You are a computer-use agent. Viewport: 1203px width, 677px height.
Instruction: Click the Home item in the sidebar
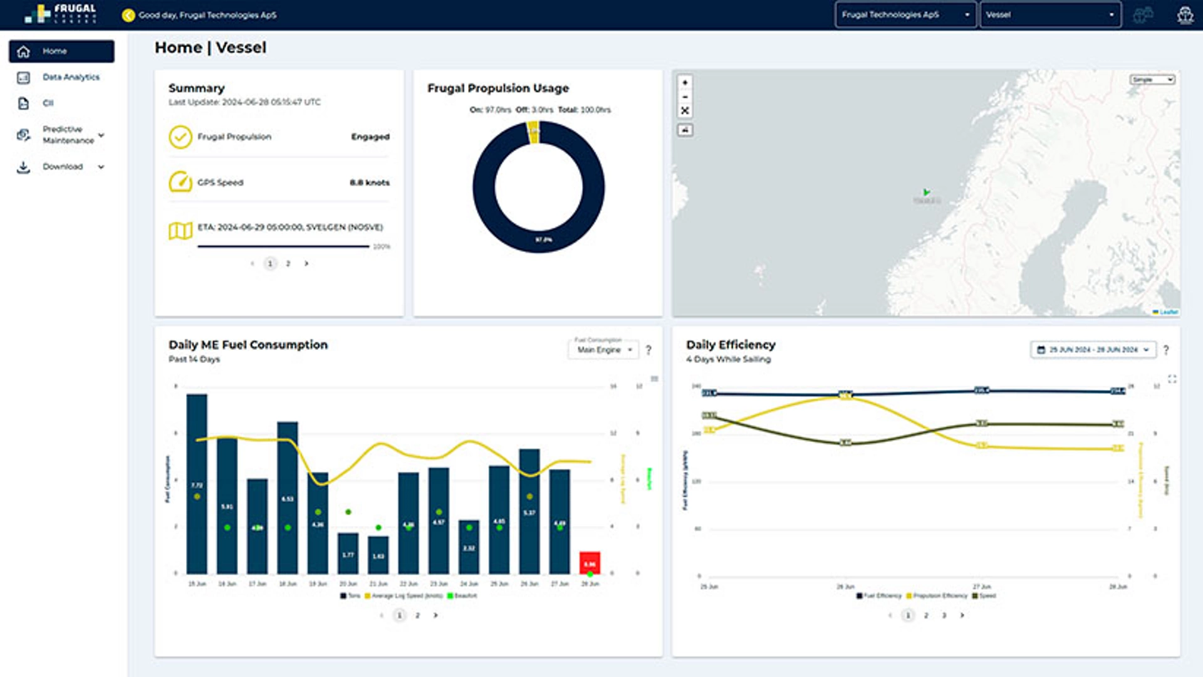(x=61, y=51)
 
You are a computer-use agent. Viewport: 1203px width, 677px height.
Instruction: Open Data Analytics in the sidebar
(x=70, y=77)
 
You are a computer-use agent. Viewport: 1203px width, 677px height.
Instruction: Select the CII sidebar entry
(x=48, y=103)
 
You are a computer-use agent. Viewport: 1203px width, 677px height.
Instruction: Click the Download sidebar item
(x=63, y=167)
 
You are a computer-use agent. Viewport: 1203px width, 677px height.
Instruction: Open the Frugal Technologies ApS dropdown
(x=905, y=14)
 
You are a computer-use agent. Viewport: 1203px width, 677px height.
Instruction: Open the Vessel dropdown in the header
(x=1050, y=14)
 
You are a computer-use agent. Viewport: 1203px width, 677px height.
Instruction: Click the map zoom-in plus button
(x=685, y=83)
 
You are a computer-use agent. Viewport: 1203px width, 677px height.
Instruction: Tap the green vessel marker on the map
(x=926, y=192)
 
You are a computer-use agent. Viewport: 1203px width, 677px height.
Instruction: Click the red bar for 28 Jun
(x=590, y=562)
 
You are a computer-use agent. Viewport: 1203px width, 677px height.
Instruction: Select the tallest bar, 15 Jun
(x=197, y=483)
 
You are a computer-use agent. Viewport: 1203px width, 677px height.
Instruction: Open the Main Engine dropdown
(x=604, y=350)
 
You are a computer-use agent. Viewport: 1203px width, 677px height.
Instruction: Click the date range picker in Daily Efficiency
(x=1093, y=350)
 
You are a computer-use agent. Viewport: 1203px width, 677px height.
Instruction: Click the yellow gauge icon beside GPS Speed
(x=180, y=182)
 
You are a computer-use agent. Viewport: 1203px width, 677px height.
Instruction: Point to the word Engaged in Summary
(x=370, y=137)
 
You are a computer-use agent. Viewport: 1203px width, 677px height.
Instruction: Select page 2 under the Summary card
(x=288, y=264)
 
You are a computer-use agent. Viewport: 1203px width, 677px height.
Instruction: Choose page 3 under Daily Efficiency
(x=944, y=616)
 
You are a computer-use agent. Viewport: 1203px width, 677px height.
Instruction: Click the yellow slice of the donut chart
(x=533, y=132)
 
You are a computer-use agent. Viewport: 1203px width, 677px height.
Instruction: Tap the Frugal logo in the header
(x=61, y=14)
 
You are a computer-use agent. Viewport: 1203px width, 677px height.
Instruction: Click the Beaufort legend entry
(x=464, y=596)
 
